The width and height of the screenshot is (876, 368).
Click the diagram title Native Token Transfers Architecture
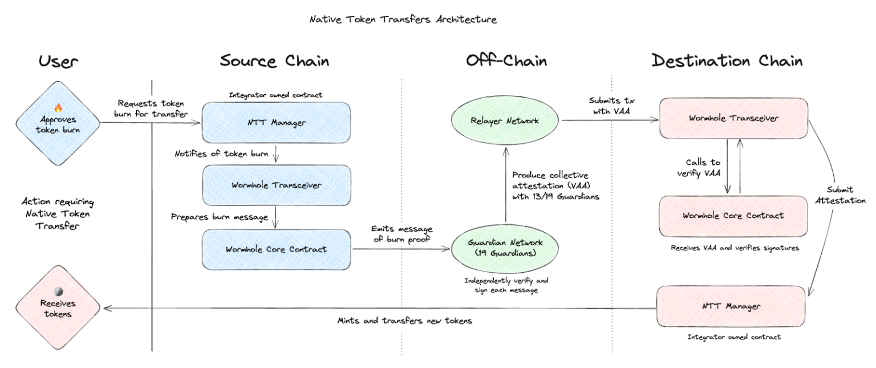pyautogui.click(x=403, y=19)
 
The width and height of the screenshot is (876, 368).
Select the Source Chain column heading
pyautogui.click(x=274, y=61)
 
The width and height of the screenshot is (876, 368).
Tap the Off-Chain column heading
pyautogui.click(x=506, y=61)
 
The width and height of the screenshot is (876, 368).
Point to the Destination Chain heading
pyautogui.click(x=727, y=61)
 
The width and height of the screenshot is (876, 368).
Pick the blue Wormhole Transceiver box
pyautogui.click(x=276, y=185)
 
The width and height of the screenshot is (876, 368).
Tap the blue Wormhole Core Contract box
pyautogui.click(x=276, y=249)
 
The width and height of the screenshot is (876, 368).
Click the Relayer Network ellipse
pyautogui.click(x=506, y=120)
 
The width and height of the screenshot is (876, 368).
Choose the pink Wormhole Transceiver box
pyautogui.click(x=733, y=118)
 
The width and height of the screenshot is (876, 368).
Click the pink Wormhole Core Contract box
pyautogui.click(x=733, y=216)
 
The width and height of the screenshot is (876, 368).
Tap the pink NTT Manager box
pyautogui.click(x=731, y=306)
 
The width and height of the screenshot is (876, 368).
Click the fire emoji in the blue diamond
pyautogui.click(x=57, y=107)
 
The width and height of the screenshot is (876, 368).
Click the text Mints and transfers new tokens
pyautogui.click(x=405, y=321)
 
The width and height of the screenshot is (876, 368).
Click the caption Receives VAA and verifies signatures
pyautogui.click(x=733, y=248)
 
